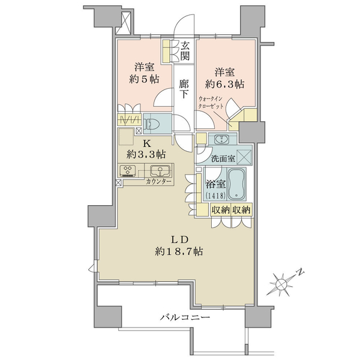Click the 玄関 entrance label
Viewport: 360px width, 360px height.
(185, 51)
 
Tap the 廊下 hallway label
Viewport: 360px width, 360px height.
(184, 89)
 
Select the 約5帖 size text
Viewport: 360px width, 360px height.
(144, 79)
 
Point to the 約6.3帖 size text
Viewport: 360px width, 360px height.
(224, 84)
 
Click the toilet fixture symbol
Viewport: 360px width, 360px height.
(151, 124)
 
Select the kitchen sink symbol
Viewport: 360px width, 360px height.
(160, 170)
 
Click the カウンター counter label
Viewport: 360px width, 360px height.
(158, 182)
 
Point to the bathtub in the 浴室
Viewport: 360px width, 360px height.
(236, 185)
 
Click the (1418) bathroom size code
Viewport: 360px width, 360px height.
(215, 196)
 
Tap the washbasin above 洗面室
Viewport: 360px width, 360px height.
(221, 139)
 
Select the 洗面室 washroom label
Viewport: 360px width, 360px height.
(223, 158)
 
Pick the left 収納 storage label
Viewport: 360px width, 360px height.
(220, 210)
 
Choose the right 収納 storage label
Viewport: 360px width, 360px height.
(241, 210)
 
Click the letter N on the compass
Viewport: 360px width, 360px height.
(300, 272)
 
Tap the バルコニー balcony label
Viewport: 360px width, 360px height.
(185, 317)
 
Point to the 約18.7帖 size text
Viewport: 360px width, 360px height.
(179, 252)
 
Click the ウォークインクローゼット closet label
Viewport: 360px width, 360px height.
(211, 103)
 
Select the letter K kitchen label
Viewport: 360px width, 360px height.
(147, 144)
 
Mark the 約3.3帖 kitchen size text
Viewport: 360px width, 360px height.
(146, 155)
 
